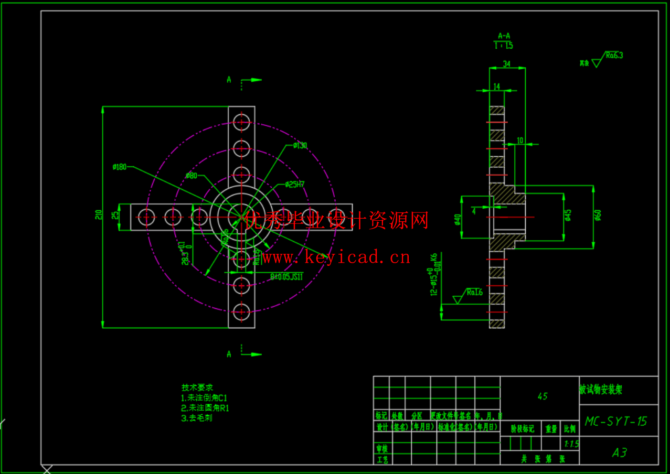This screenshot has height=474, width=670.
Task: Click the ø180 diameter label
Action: (x=120, y=167)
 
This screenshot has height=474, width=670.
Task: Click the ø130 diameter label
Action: (x=300, y=145)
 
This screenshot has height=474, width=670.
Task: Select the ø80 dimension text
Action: (x=191, y=176)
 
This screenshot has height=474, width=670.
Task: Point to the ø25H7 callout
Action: (x=295, y=185)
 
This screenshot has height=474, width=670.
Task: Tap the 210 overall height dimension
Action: (x=98, y=214)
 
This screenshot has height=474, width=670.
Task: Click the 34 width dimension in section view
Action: (x=506, y=64)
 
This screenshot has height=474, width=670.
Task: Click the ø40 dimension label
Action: (x=456, y=219)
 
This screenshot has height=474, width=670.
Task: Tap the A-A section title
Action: (x=504, y=36)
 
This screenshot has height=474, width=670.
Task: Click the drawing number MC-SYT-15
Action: (x=616, y=421)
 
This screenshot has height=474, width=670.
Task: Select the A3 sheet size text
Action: (x=619, y=452)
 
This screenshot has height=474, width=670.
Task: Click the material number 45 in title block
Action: (x=543, y=396)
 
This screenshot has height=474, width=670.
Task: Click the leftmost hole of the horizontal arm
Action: (x=146, y=216)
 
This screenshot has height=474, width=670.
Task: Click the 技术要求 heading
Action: (x=197, y=387)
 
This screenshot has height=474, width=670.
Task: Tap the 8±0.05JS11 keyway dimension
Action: (x=286, y=276)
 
